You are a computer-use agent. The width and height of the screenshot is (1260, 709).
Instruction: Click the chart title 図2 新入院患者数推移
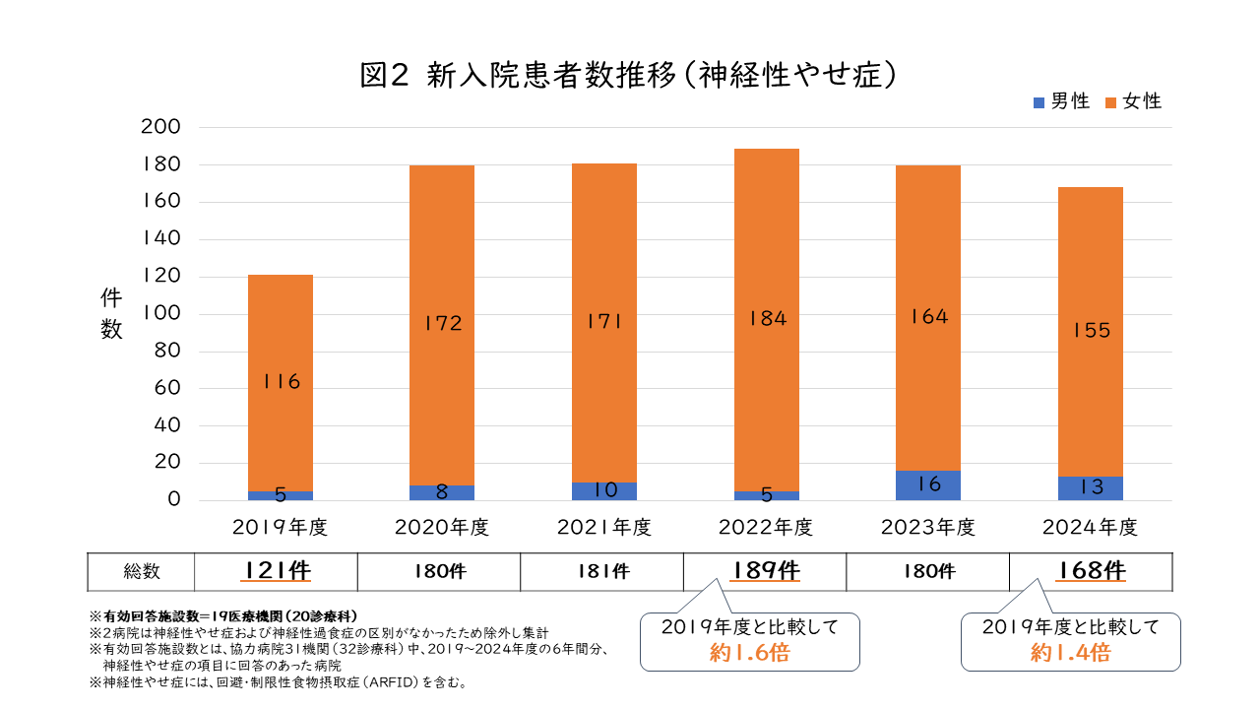pyautogui.click(x=629, y=77)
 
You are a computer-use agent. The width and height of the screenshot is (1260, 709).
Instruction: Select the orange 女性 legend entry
pyautogui.click(x=1133, y=101)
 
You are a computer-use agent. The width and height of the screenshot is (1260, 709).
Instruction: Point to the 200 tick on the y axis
pyautogui.click(x=161, y=127)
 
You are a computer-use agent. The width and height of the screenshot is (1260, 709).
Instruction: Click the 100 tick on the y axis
pyautogui.click(x=161, y=314)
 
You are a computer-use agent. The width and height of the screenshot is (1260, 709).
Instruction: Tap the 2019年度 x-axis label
pyautogui.click(x=280, y=528)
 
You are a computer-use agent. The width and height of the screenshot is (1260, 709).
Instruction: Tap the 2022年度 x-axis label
pyautogui.click(x=766, y=528)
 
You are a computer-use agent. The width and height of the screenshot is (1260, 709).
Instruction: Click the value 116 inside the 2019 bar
pyautogui.click(x=281, y=382)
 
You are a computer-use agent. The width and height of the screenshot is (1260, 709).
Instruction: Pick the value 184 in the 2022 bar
pyautogui.click(x=767, y=318)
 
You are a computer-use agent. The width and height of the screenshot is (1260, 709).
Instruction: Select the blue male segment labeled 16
pyautogui.click(x=929, y=484)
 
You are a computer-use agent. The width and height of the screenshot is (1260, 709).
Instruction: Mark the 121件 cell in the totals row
pyautogui.click(x=276, y=571)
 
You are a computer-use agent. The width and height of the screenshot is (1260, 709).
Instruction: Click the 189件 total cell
pyautogui.click(x=765, y=571)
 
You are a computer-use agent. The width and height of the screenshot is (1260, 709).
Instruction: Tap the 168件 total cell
pyautogui.click(x=1092, y=571)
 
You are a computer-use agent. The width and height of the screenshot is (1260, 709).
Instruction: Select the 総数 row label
pyautogui.click(x=142, y=571)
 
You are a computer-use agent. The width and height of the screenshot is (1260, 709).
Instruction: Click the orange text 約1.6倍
pyautogui.click(x=749, y=653)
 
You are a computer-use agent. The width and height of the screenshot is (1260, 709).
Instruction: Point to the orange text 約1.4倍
pyautogui.click(x=1070, y=653)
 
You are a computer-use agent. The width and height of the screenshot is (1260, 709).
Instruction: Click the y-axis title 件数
pyautogui.click(x=111, y=315)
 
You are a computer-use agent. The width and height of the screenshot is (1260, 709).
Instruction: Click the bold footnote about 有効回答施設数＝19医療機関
pyautogui.click(x=223, y=615)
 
